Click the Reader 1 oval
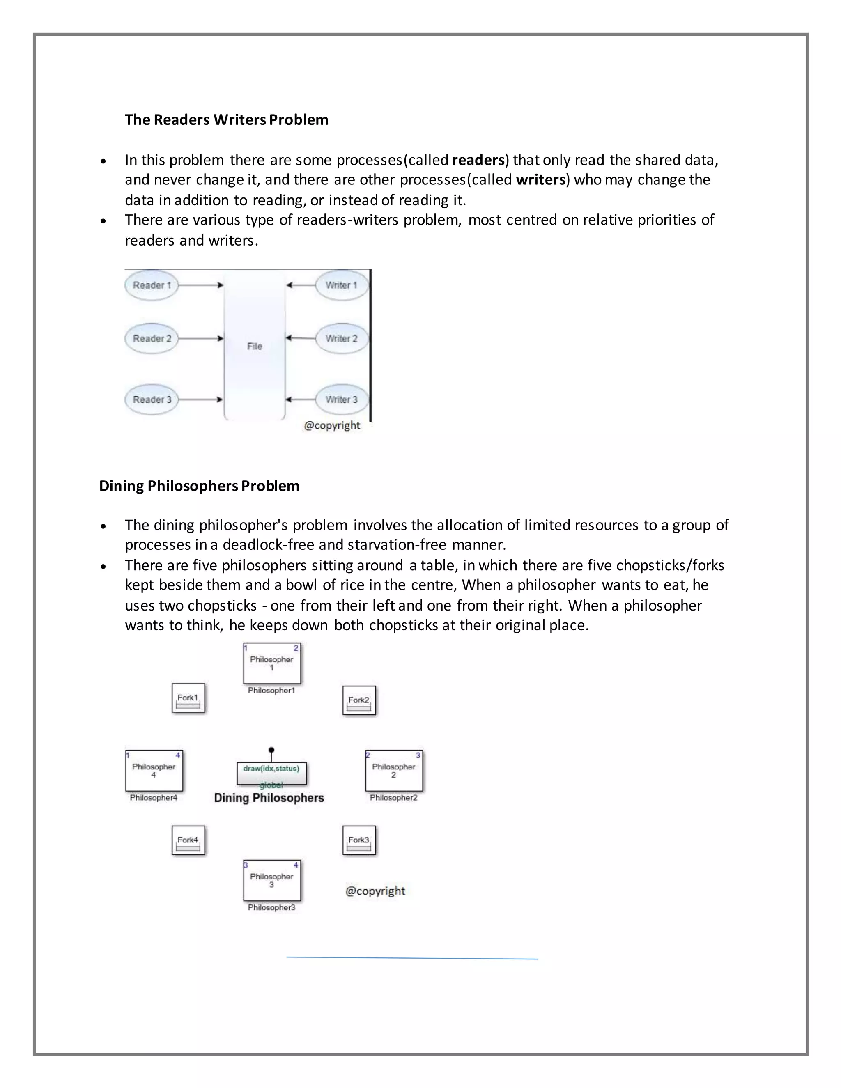coord(152,285)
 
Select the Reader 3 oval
coord(152,399)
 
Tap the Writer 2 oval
coord(342,339)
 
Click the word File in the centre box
coord(255,346)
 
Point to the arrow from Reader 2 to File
coord(200,339)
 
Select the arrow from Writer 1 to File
coord(301,285)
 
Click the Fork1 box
coord(188,698)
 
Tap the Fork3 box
coord(359,841)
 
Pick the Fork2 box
coord(359,701)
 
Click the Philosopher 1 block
coord(272,663)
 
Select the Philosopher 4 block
coord(154,771)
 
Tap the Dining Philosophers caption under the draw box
coord(269,798)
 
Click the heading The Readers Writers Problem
coord(226,120)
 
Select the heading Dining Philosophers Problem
coord(199,486)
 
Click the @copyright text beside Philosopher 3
coord(375,891)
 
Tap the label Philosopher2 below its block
coord(393,798)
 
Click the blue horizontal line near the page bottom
coord(412,957)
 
